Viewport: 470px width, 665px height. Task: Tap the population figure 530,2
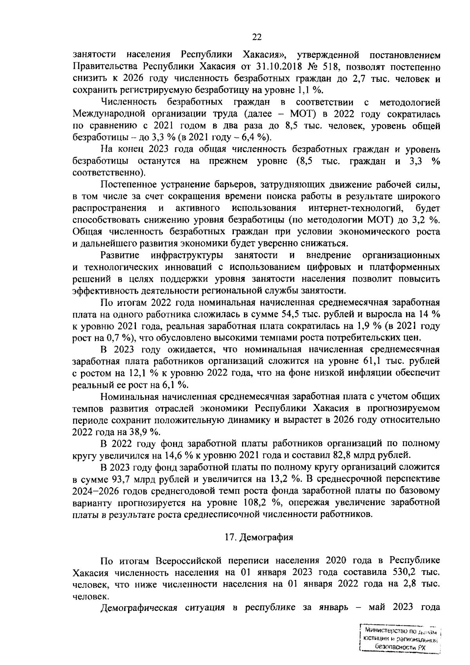(x=403, y=573)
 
